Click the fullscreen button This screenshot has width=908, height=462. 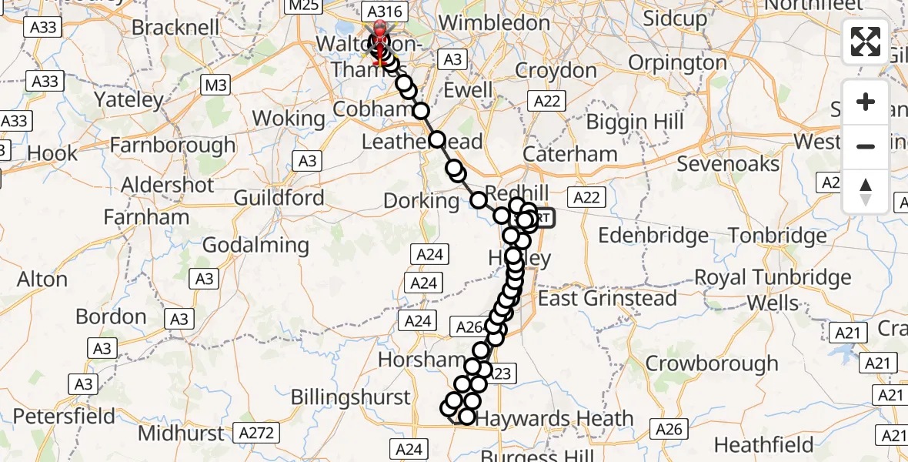[866, 42]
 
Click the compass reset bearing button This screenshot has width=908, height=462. [866, 191]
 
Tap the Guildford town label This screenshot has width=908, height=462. [279, 197]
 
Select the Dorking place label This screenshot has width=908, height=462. [421, 202]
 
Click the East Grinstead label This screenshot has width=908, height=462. [607, 298]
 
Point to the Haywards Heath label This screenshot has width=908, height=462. [555, 420]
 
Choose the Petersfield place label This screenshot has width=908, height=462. [64, 417]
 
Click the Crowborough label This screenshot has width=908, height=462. [712, 363]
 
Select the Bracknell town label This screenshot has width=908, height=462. [176, 27]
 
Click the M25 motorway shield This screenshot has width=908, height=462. [302, 7]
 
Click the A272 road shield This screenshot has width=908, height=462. [256, 433]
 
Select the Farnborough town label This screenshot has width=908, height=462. [173, 145]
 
